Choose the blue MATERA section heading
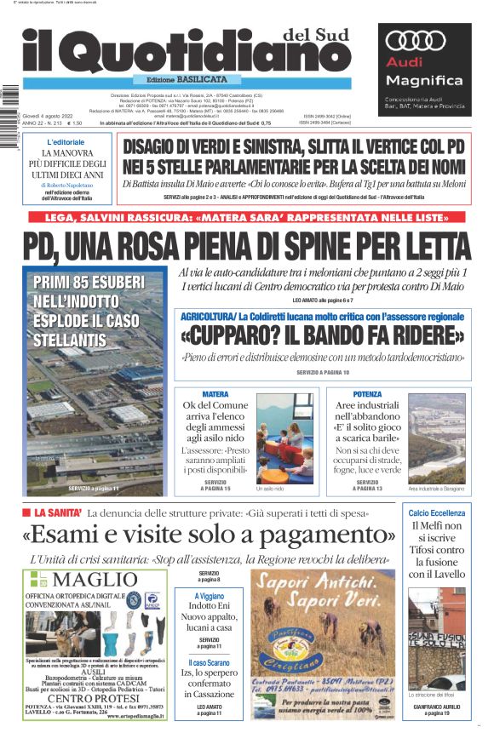[215, 394]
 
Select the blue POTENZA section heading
[367, 394]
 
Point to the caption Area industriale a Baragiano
[437, 489]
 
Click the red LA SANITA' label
[58, 513]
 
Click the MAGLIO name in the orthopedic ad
[89, 580]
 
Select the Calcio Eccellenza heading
[437, 513]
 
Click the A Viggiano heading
[210, 596]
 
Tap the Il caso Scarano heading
[210, 661]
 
